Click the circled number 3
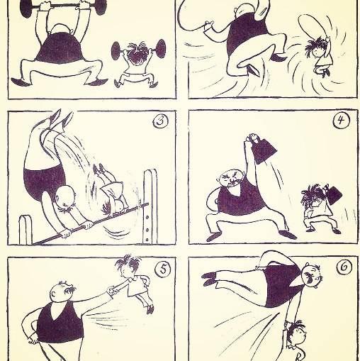coord(162,121)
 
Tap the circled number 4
coord(341,121)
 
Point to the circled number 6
coord(344,267)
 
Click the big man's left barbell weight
coord(26,7)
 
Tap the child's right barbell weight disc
coord(161,48)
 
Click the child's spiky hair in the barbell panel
coord(135,52)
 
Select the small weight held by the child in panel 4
coord(333,195)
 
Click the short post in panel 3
coord(26,230)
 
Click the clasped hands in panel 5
coord(112,290)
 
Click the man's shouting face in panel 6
coord(311,275)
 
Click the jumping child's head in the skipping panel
coord(315,48)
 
